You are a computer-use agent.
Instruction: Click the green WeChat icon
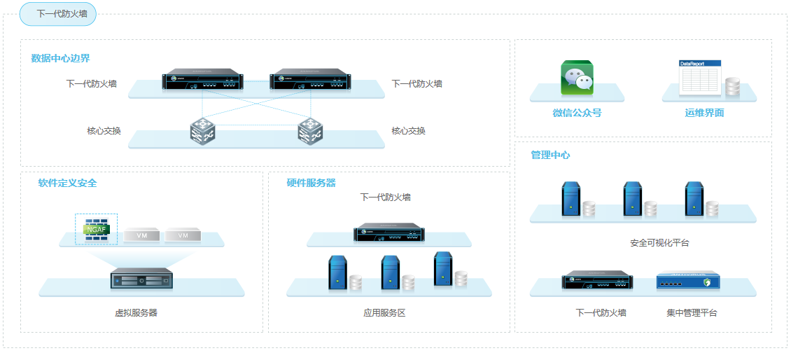(x=577, y=78)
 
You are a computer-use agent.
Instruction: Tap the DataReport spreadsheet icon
(x=699, y=78)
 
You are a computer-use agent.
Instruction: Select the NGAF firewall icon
(x=97, y=229)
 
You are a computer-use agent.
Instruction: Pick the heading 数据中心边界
(x=60, y=58)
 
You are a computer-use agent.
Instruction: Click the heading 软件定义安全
(x=68, y=183)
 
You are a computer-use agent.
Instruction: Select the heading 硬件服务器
(x=311, y=183)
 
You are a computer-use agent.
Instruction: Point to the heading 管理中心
(x=550, y=155)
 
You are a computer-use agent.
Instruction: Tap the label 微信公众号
(x=577, y=113)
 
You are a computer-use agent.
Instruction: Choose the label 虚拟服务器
(x=136, y=313)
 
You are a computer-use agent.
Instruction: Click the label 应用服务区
(x=384, y=313)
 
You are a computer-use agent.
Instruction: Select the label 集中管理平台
(x=692, y=313)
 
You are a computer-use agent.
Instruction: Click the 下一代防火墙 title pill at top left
(x=57, y=14)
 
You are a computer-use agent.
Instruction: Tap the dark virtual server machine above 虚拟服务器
(x=142, y=278)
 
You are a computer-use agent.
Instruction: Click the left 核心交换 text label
(x=104, y=131)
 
